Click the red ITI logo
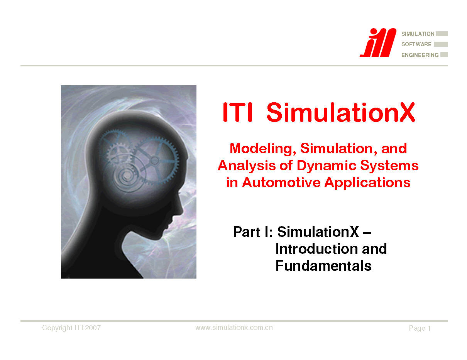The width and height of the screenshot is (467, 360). [378, 42]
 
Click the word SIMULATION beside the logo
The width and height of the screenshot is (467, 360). [418, 34]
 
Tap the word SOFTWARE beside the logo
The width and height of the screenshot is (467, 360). [416, 44]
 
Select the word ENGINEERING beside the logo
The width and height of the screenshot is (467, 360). [420, 55]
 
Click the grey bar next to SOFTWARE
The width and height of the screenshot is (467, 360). [441, 44]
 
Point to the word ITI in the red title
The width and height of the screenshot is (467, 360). [237, 112]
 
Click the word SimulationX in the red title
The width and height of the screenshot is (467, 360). [341, 112]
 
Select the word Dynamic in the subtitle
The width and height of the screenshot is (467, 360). [326, 166]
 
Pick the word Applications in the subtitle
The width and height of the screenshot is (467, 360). [367, 183]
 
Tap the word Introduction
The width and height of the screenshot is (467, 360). [316, 249]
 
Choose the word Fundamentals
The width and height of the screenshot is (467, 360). [323, 266]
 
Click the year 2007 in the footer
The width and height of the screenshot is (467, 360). [93, 328]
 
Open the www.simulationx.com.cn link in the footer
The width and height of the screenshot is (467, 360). [234, 328]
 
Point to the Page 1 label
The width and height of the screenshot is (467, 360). [420, 328]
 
